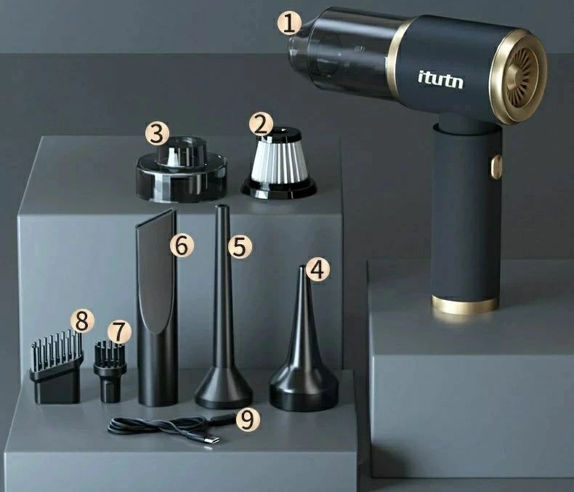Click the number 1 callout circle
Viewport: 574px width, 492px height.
[x=289, y=23]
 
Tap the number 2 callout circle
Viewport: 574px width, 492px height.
[x=261, y=125]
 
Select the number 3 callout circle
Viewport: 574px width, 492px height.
[x=157, y=134]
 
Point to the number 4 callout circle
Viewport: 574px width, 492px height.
[x=318, y=269]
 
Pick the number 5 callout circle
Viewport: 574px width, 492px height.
[x=240, y=246]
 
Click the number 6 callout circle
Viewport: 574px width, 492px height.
[x=182, y=245]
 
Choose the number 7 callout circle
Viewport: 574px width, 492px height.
[x=119, y=331]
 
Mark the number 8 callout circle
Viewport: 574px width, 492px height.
[x=82, y=321]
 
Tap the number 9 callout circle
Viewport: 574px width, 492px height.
[x=248, y=419]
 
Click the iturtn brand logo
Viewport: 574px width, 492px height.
[x=440, y=79]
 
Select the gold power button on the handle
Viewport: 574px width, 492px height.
[x=496, y=166]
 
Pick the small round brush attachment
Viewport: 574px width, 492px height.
[x=110, y=371]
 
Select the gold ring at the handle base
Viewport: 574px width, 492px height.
[x=465, y=305]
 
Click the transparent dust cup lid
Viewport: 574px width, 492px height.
[x=182, y=169]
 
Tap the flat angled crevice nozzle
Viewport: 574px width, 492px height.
[x=157, y=307]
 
